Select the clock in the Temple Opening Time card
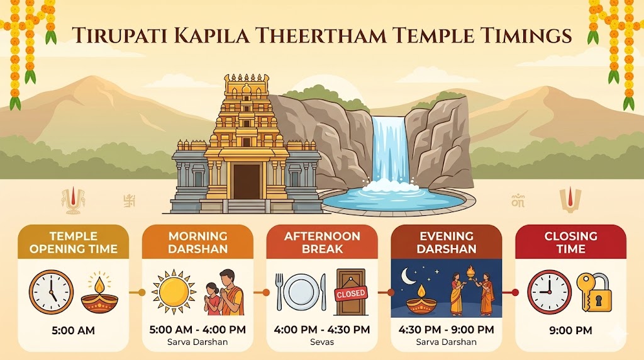click(51, 292)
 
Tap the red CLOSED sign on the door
click(351, 294)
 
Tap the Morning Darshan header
click(197, 242)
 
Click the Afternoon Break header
click(322, 242)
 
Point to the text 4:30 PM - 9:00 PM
click(446, 330)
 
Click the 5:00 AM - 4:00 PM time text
click(197, 330)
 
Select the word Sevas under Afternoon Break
click(322, 342)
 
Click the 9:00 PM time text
click(570, 330)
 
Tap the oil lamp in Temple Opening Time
click(100, 295)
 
